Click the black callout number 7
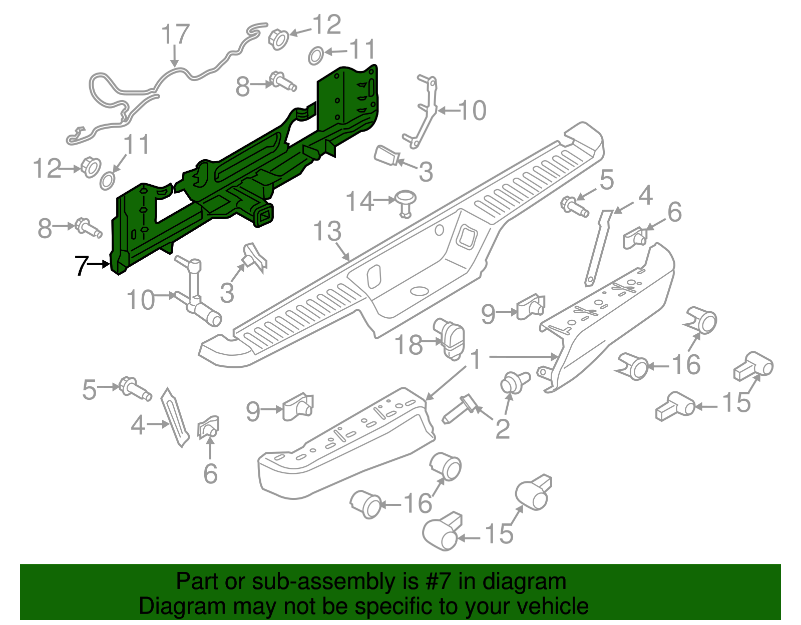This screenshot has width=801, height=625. (x=81, y=266)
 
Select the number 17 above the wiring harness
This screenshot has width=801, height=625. (x=175, y=35)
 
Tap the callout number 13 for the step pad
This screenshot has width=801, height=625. (x=327, y=232)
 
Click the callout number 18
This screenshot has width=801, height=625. (x=409, y=345)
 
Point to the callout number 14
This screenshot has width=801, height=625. (x=359, y=201)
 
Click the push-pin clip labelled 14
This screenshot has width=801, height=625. (x=406, y=202)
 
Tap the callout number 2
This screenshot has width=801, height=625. (x=502, y=429)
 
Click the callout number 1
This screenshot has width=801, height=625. (x=476, y=360)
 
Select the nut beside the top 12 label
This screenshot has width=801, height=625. (x=278, y=39)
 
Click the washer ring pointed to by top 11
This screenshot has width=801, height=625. (x=315, y=56)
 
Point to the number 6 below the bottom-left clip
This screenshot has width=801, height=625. (x=210, y=473)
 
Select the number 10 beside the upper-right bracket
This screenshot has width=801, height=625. (x=472, y=111)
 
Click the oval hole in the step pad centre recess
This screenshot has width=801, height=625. (x=419, y=291)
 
